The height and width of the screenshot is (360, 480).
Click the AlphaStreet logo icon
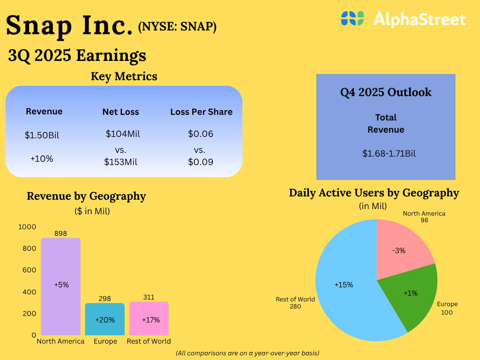[352, 19]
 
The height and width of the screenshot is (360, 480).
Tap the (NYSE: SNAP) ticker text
[177, 28]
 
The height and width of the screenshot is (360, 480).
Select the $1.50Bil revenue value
[42, 135]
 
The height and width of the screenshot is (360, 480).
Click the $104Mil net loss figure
[123, 134]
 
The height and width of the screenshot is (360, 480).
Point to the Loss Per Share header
[201, 112]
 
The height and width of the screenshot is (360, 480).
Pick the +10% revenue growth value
[42, 159]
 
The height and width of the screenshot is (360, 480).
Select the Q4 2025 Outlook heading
[386, 92]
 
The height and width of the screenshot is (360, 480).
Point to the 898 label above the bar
[61, 233]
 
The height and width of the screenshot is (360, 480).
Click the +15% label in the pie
[344, 285]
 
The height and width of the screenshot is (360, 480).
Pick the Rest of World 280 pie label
[295, 303]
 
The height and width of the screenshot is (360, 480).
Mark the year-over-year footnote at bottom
[247, 352]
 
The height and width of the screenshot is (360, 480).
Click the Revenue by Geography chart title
[86, 196]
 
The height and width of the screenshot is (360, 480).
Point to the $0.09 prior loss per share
[201, 162]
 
